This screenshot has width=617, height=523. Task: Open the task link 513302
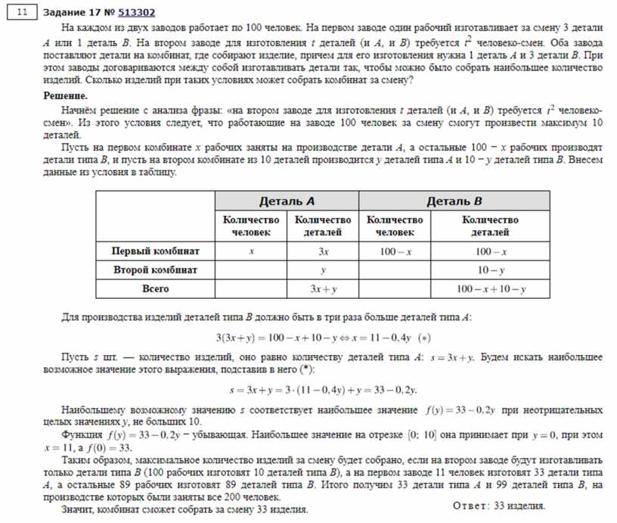pyautogui.click(x=137, y=12)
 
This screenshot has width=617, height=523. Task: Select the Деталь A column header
pyautogui.click(x=287, y=201)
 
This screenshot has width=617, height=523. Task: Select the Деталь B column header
pyautogui.click(x=454, y=201)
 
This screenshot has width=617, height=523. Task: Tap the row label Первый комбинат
pyautogui.click(x=156, y=250)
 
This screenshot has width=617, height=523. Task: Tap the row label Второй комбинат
pyautogui.click(x=156, y=269)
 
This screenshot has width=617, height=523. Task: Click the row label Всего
pyautogui.click(x=156, y=289)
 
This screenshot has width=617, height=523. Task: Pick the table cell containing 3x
pyautogui.click(x=323, y=251)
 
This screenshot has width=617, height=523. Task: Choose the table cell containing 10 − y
pyautogui.click(x=491, y=270)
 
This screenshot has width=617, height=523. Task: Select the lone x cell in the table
pyautogui.click(x=251, y=251)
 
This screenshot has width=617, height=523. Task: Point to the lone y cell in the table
pyautogui.click(x=323, y=270)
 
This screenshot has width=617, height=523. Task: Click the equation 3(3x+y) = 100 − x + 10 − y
pyautogui.click(x=281, y=338)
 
